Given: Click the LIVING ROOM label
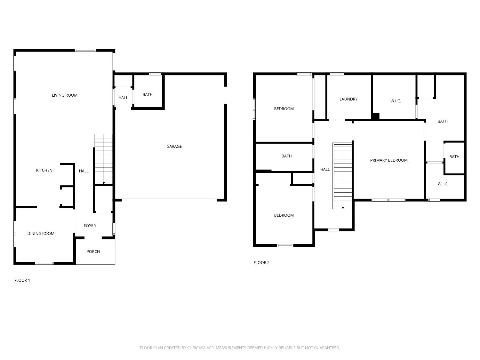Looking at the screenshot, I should point(65,95).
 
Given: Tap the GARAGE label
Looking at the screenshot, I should point(174,146).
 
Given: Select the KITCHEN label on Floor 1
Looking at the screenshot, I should point(44,170).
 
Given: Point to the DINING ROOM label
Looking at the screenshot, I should point(41,233).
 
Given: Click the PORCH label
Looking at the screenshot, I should point(93,252).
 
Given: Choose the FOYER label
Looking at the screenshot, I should point(90,226).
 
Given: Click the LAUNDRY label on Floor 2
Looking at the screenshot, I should point(348,99).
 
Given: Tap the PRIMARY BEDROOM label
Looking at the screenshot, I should point(389,160).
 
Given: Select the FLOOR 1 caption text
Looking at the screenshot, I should point(22,280).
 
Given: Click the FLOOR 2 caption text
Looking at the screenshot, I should point(261,263).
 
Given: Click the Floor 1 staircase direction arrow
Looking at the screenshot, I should point(104,183).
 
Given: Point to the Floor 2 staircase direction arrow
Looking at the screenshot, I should point(343,208).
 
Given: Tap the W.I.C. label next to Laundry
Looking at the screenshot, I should point(396,101).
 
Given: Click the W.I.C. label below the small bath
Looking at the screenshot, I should point(443,184).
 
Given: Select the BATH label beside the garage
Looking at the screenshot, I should point(148,94).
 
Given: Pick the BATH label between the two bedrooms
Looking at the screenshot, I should point(286,156).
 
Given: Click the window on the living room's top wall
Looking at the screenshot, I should point(85,50).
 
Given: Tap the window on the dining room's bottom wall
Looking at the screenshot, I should point(44,263).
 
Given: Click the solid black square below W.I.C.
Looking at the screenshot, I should point(376,116).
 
